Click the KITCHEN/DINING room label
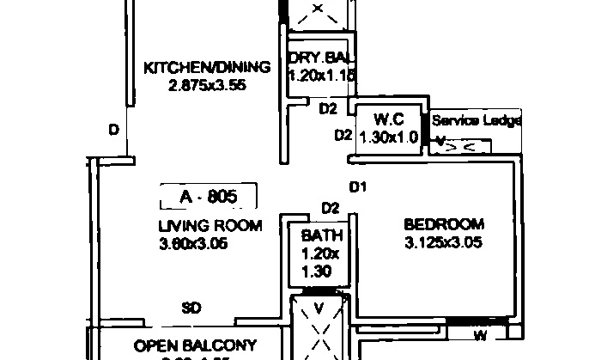tap(207, 67)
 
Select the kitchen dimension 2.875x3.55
tap(206, 84)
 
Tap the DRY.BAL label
tap(319, 58)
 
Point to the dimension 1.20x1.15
tap(320, 76)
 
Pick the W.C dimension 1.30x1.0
tap(389, 136)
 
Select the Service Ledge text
tap(476, 120)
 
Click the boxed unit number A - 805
tap(209, 197)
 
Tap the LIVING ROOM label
tap(209, 226)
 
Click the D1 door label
tap(358, 187)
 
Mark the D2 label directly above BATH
tap(330, 208)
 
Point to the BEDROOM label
tap(444, 225)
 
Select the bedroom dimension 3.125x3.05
tap(443, 242)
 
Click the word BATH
tap(321, 235)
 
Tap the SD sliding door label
tap(191, 308)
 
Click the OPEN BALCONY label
tap(196, 345)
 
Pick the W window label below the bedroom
tap(480, 335)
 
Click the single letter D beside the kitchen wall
tap(112, 130)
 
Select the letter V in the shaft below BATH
tap(319, 308)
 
